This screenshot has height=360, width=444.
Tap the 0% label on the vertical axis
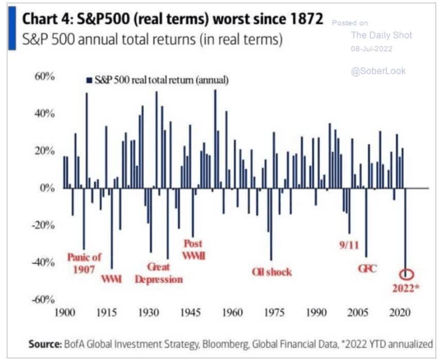(47, 188)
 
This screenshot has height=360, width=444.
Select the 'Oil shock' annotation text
(272, 272)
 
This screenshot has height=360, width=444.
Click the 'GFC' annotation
(368, 269)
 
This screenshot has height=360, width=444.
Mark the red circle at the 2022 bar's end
(407, 274)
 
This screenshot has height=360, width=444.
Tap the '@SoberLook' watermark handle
(378, 71)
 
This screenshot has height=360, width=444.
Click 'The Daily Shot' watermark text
(381, 35)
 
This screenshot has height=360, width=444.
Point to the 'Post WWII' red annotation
(193, 249)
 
